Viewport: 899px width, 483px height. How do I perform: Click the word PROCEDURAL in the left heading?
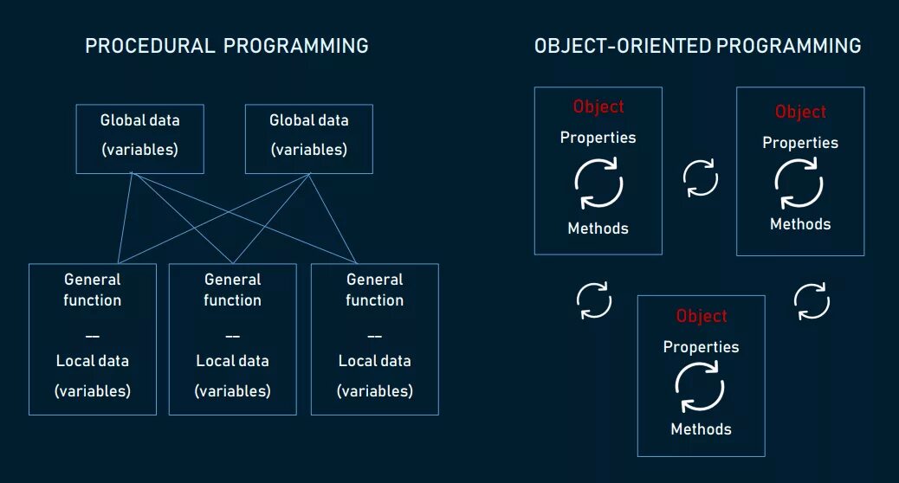[150, 46]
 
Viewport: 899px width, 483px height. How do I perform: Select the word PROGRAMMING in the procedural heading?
[295, 46]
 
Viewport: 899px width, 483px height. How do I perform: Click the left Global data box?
[139, 138]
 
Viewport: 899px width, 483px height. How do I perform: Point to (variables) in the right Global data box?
[309, 150]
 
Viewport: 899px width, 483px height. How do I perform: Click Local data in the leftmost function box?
[93, 361]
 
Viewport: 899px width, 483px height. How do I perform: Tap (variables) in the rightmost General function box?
[375, 391]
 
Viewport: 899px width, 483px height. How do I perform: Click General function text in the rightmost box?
[375, 290]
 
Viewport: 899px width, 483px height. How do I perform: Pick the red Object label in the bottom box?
[702, 316]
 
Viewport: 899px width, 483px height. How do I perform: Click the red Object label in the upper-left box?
[598, 106]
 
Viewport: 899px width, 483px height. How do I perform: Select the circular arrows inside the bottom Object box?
[700, 388]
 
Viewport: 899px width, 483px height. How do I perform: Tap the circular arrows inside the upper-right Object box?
[799, 184]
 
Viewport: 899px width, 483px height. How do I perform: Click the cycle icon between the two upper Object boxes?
[700, 177]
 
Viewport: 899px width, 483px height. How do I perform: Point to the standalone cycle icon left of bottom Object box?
[594, 300]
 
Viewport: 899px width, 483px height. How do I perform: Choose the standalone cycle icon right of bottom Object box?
[812, 301]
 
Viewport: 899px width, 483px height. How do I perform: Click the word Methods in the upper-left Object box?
[598, 229]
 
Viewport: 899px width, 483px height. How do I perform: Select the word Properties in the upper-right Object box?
[800, 143]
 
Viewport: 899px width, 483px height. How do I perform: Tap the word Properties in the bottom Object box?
[702, 347]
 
